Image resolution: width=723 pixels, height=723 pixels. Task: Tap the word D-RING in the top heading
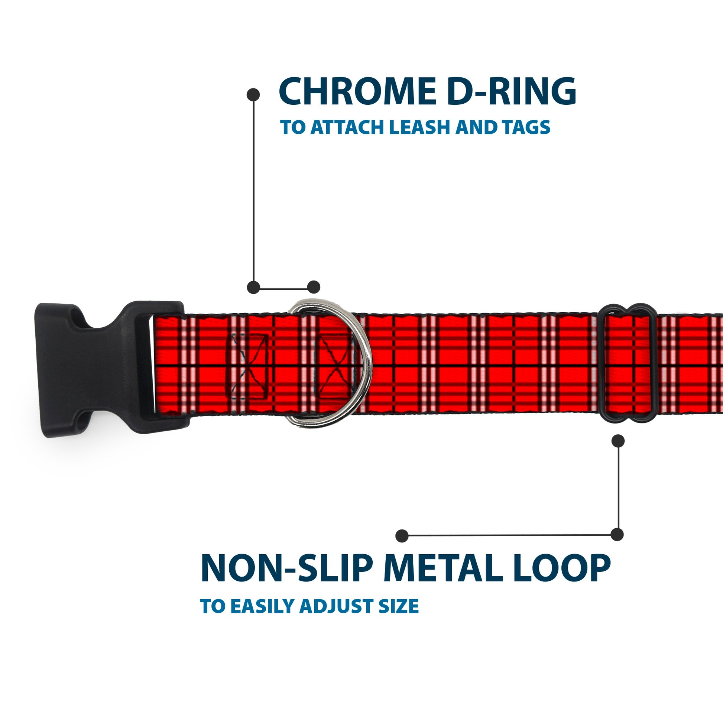(511, 91)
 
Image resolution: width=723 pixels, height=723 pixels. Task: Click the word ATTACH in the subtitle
(347, 127)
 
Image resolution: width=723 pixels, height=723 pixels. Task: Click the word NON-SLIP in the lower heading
(287, 569)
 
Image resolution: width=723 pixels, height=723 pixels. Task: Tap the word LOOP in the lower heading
(562, 569)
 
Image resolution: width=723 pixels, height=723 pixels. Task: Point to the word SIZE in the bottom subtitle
(399, 607)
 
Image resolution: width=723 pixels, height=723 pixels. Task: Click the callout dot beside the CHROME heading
(253, 95)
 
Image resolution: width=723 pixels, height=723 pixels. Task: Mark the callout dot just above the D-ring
(314, 287)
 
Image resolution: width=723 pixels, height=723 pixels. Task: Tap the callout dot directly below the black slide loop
(618, 441)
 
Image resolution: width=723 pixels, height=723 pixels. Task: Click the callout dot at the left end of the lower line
(402, 535)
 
